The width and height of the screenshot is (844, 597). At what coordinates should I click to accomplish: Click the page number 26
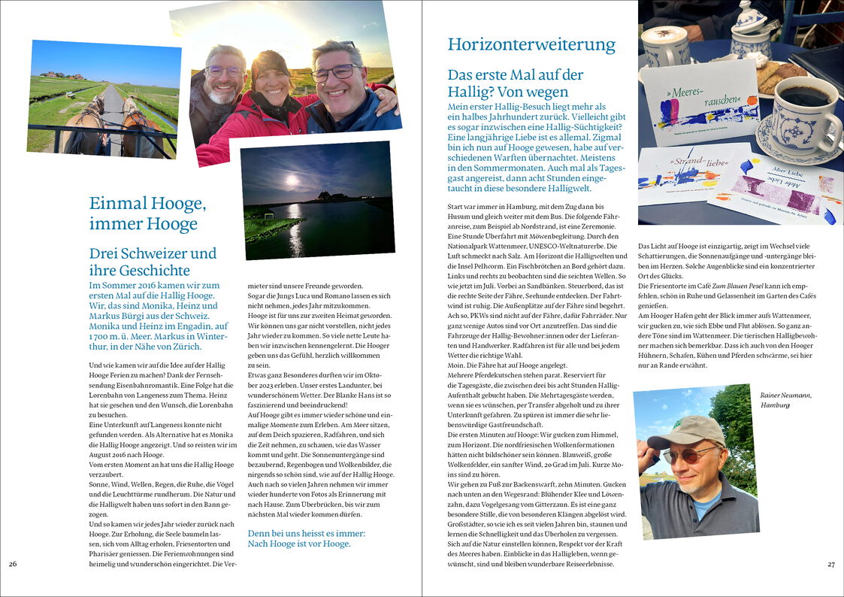click(13, 564)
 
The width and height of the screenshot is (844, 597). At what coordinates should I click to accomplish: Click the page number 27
click(830, 564)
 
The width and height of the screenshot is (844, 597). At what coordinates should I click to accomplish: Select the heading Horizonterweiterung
click(531, 44)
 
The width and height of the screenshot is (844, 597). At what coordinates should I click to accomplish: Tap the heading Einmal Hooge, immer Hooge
click(147, 213)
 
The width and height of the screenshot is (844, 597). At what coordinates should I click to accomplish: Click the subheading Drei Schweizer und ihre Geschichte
click(153, 262)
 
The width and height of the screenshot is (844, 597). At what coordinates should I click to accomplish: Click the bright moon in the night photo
click(292, 180)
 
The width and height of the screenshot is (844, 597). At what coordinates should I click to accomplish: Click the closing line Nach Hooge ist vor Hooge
click(299, 544)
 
